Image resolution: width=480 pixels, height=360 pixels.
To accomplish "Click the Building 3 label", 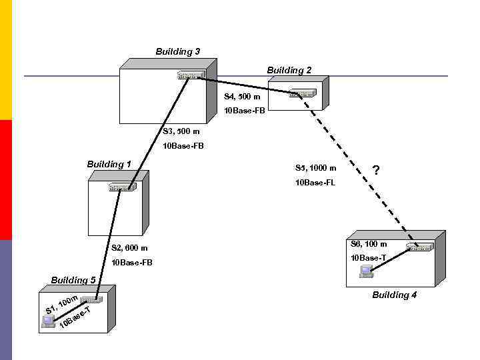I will tap(177, 51).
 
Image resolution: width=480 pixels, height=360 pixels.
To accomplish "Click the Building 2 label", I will tap(289, 70).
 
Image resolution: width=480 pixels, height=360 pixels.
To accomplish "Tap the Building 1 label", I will tap(109, 164).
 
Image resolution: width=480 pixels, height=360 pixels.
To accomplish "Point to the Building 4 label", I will tap(394, 295).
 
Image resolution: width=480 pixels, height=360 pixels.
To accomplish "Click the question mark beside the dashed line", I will tap(376, 171).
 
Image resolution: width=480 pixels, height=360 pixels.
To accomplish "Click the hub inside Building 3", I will tap(190, 75).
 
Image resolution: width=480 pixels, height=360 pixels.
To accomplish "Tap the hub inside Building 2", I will tap(302, 93).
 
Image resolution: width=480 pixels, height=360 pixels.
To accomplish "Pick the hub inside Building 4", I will tap(419, 247).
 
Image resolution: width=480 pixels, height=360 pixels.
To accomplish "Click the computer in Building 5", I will tap(48, 321).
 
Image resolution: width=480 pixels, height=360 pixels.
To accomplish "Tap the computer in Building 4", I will tap(365, 271).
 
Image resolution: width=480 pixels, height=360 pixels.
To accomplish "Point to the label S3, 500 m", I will tap(181, 131).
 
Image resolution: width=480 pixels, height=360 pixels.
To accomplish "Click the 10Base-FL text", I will tap(315, 182).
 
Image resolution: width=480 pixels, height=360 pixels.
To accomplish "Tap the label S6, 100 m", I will tap(369, 244).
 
